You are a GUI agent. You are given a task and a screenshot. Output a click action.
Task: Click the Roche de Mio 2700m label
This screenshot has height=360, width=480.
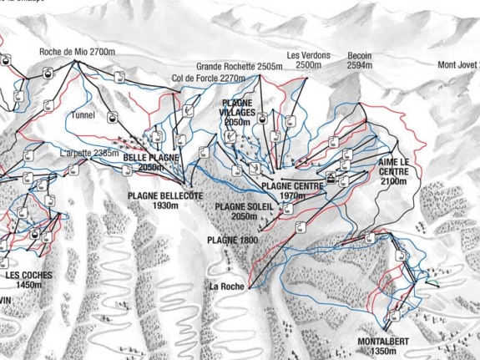pos(77,52)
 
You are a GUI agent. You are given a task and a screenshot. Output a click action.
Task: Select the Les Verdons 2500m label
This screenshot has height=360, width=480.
pos(305,60)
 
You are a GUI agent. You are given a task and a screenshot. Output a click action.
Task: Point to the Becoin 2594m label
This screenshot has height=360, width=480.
pos(360,60)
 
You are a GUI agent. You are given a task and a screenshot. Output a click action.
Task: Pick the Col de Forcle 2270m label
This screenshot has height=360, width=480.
pos(210,79)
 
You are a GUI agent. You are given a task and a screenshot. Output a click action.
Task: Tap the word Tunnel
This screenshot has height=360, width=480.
pos(84,115)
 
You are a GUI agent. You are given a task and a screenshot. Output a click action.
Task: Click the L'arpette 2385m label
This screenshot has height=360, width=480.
pos(90,154)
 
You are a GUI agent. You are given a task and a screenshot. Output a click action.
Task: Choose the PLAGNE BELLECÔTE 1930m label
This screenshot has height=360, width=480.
pos(165,200)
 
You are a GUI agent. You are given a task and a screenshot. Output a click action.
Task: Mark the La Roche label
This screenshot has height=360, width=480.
pos(227,286)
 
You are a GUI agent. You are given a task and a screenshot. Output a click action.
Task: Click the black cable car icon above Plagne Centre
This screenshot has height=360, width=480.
pos(331,177)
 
